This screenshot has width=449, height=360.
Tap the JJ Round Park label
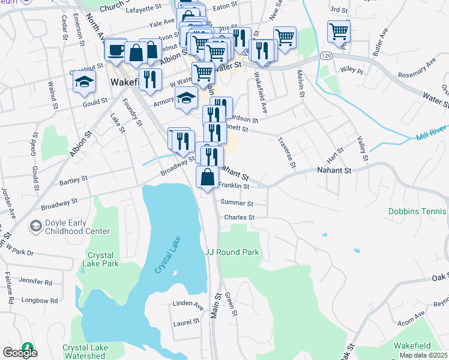[232, 252]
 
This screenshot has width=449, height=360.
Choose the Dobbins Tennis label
[418, 212]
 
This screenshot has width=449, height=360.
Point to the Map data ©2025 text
[424, 355]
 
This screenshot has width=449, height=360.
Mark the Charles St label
[240, 217]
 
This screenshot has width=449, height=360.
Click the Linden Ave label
[187, 304]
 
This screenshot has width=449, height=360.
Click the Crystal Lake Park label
[103, 259]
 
